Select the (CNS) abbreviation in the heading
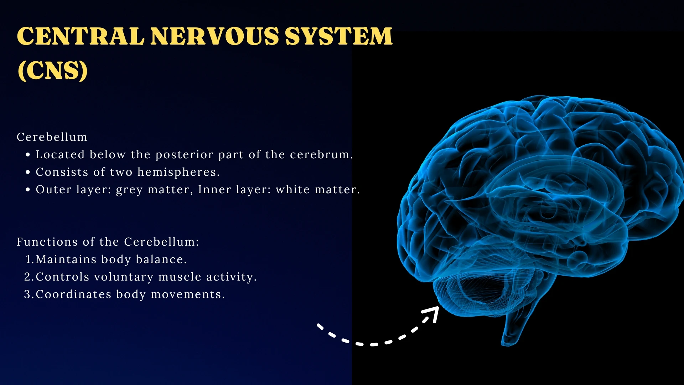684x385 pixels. [52, 70]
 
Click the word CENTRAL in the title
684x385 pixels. [81, 36]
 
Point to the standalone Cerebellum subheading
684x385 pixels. [52, 137]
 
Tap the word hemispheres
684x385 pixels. [178, 172]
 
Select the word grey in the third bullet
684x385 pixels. [129, 190]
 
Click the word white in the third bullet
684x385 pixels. [292, 189]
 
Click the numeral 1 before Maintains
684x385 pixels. [28, 260]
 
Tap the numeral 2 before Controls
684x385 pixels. [27, 277]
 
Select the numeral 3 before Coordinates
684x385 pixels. [27, 294]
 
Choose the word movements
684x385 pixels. [187, 294]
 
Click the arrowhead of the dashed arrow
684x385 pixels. [432, 313]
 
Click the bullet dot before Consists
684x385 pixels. [28, 172]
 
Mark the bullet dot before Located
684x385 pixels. [28, 155]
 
